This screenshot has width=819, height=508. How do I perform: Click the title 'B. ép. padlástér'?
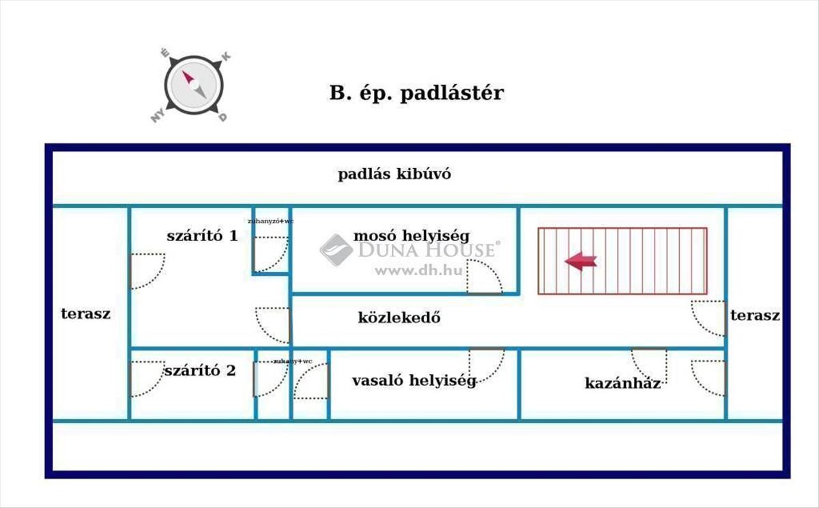[416, 93]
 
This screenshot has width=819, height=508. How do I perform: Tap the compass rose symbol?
[194, 85]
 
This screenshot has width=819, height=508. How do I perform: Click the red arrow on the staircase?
[581, 260]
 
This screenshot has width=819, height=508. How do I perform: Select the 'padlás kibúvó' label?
[394, 174]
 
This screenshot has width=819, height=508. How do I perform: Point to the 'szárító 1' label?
[202, 236]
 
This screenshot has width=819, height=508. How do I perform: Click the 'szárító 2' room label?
[200, 371]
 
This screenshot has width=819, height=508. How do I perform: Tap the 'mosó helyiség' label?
[411, 236]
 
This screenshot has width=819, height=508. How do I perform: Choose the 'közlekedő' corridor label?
[399, 317]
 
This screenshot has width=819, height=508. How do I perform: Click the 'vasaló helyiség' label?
[414, 381]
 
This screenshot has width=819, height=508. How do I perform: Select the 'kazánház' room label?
[622, 383]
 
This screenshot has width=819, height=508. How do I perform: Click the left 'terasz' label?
[86, 314]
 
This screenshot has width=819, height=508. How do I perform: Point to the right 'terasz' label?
[755, 315]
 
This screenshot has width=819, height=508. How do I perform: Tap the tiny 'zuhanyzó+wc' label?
[270, 221]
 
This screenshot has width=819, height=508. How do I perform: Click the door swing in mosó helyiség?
[486, 277]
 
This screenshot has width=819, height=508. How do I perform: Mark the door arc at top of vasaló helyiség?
[486, 364]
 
